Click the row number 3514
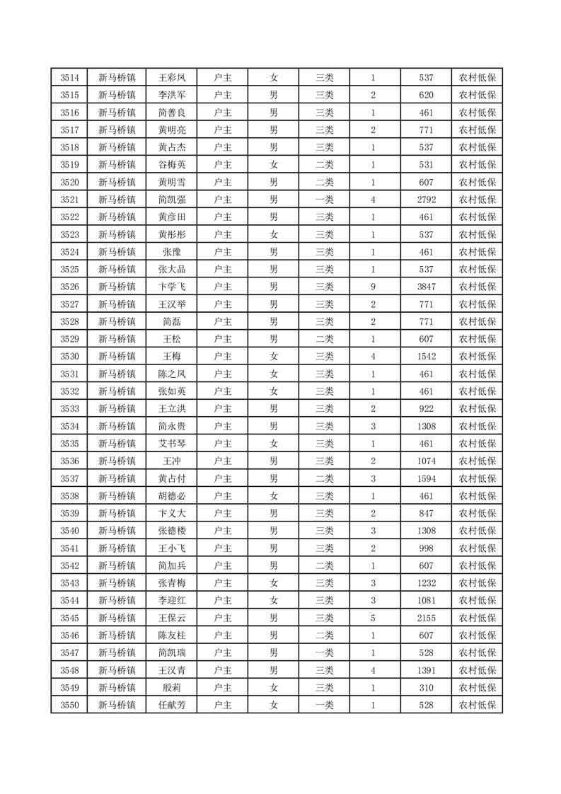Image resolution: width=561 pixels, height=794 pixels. (x=69, y=78)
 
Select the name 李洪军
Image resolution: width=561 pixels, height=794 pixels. (x=172, y=96)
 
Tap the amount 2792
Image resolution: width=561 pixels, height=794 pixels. (x=426, y=200)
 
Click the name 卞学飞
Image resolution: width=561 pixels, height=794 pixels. (x=172, y=287)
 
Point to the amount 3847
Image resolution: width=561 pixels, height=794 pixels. (x=426, y=287)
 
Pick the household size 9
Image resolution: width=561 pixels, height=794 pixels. (x=373, y=287)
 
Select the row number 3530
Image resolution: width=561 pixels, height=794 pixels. (x=69, y=357)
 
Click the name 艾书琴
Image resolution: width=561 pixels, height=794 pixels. (x=172, y=444)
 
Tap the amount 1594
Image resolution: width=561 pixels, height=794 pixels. (x=426, y=478)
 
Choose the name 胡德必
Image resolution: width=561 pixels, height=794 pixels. (x=172, y=496)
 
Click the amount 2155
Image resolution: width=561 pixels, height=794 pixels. (x=426, y=618)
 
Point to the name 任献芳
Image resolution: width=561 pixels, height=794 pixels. (x=172, y=705)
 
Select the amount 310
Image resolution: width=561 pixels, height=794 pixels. (x=426, y=687)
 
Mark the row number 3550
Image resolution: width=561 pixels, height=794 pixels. (x=69, y=705)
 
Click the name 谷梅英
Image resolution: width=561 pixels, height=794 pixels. (x=172, y=165)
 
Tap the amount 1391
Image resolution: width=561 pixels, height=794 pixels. (x=426, y=670)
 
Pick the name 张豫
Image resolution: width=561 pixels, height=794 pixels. (x=172, y=252)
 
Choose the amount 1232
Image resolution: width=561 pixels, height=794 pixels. (x=426, y=583)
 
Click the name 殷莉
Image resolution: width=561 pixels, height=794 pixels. (x=172, y=687)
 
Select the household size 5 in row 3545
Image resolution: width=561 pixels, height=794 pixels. (x=373, y=618)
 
